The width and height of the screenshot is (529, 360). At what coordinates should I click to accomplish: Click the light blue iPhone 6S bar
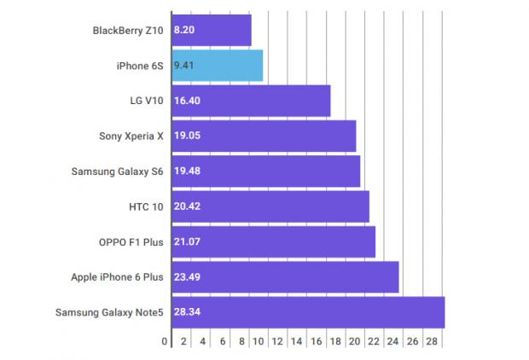pyautogui.click(x=217, y=65)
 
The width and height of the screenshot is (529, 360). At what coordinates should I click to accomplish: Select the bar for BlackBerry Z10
pyautogui.click(x=211, y=30)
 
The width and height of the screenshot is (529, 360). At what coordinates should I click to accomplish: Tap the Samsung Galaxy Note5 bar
pyautogui.click(x=307, y=312)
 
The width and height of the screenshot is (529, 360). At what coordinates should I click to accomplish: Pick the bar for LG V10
pyautogui.click(x=251, y=101)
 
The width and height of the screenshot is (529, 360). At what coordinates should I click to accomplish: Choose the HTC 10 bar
pyautogui.click(x=270, y=206)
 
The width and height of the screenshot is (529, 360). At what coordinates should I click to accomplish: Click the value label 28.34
pyautogui.click(x=187, y=312)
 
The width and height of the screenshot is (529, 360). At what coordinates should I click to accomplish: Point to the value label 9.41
pyautogui.click(x=184, y=65)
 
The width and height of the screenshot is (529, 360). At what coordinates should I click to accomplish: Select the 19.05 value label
pyautogui.click(x=187, y=136)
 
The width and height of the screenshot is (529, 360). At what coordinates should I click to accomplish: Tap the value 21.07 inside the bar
pyautogui.click(x=187, y=242)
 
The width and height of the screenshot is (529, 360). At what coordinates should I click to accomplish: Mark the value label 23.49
pyautogui.click(x=187, y=277)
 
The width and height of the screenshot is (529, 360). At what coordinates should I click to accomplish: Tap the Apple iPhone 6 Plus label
pyautogui.click(x=117, y=277)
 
